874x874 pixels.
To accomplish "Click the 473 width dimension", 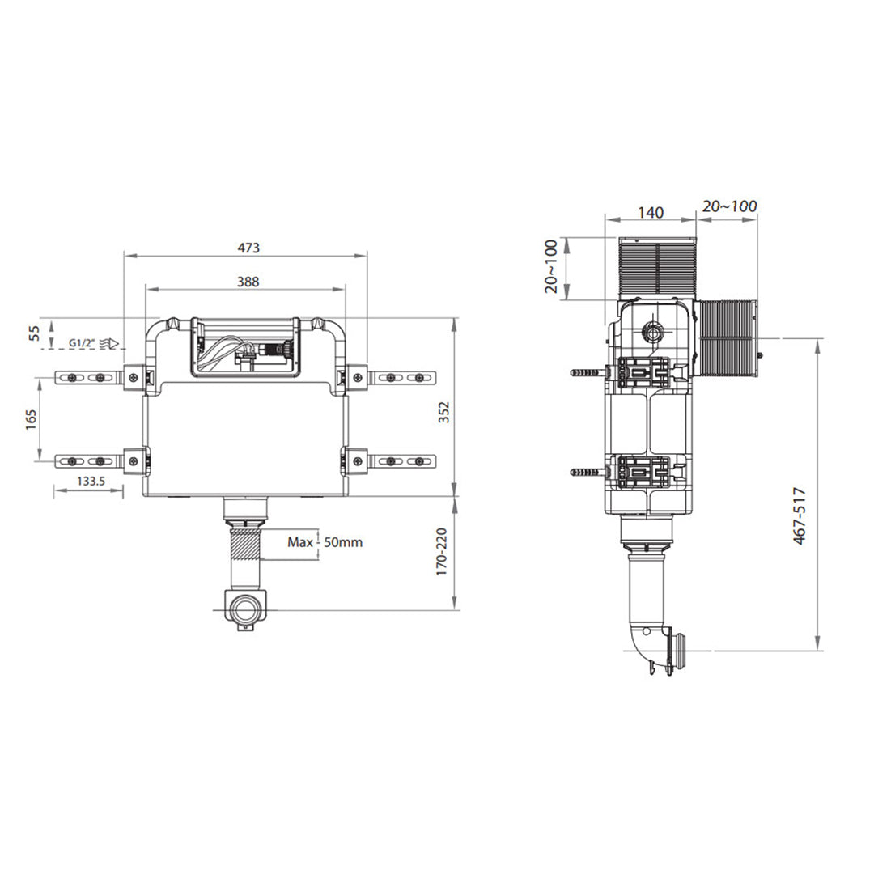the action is click(x=248, y=248).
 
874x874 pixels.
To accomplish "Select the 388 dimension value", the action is click(x=248, y=282).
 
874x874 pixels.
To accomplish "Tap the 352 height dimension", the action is click(x=443, y=412).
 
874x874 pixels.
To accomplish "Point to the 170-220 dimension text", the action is click(x=442, y=552).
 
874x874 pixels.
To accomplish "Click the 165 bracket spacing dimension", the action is click(x=32, y=419).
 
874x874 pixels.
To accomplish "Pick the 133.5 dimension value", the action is click(x=91, y=481).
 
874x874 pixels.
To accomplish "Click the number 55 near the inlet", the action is click(x=35, y=333).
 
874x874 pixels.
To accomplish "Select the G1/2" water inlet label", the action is click(x=82, y=343).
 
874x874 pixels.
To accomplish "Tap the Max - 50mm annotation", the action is click(x=325, y=541).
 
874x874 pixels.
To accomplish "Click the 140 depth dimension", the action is click(x=651, y=212).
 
